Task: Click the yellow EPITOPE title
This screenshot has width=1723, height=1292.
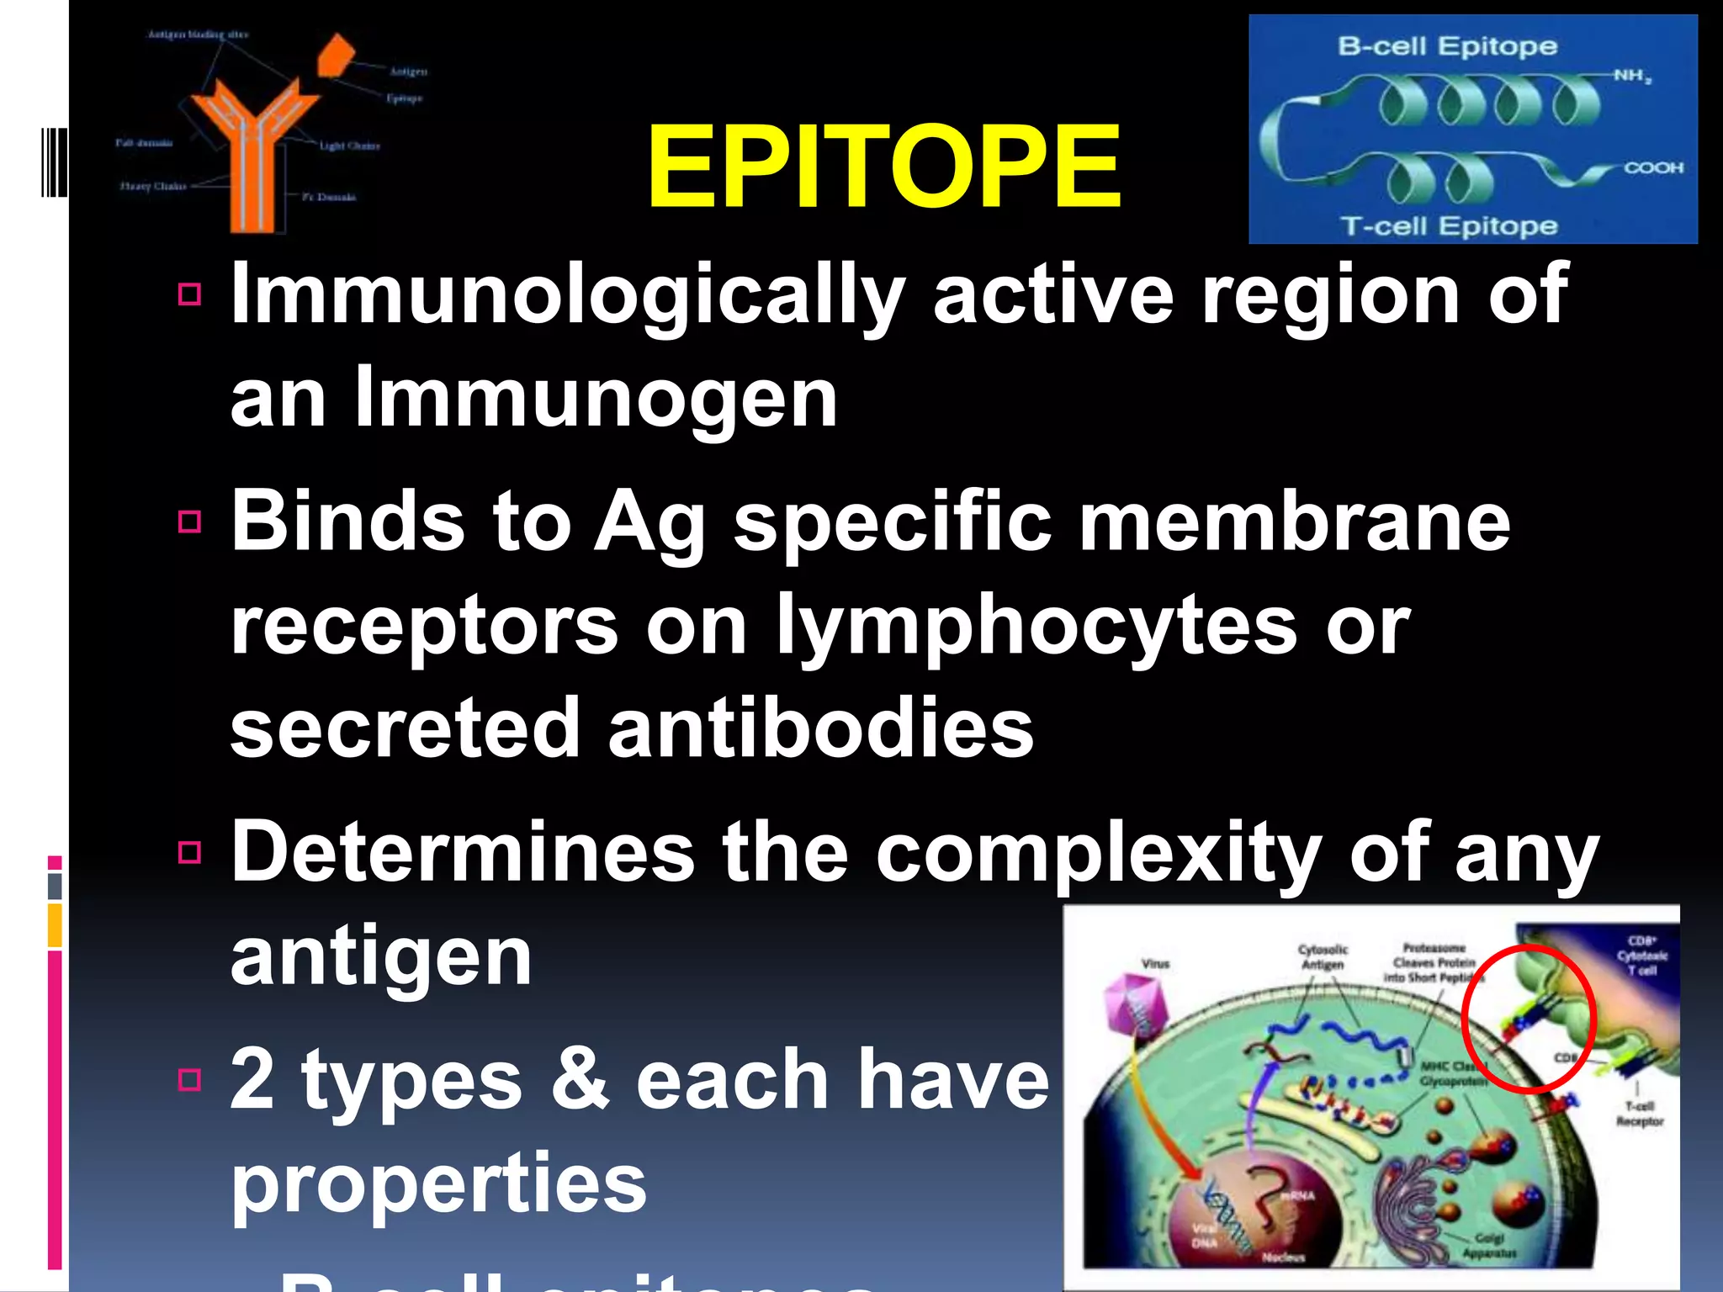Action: point(883,167)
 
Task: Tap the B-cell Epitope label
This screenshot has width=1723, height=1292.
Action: point(1447,46)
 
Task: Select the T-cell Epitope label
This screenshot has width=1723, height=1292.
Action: point(1449,226)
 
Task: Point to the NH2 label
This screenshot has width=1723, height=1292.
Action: point(1632,77)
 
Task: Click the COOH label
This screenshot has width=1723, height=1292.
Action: point(1653,168)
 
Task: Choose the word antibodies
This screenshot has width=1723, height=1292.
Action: point(820,728)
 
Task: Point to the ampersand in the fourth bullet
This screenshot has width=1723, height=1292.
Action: point(579,1080)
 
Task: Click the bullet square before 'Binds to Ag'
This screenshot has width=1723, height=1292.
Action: point(190,522)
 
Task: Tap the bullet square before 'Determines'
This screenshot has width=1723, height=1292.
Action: point(190,852)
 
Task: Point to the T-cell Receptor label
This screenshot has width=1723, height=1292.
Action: point(1639,1114)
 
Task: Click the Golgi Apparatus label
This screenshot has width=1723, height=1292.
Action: point(1488,1246)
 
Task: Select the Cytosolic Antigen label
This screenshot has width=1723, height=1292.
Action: point(1323,957)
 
